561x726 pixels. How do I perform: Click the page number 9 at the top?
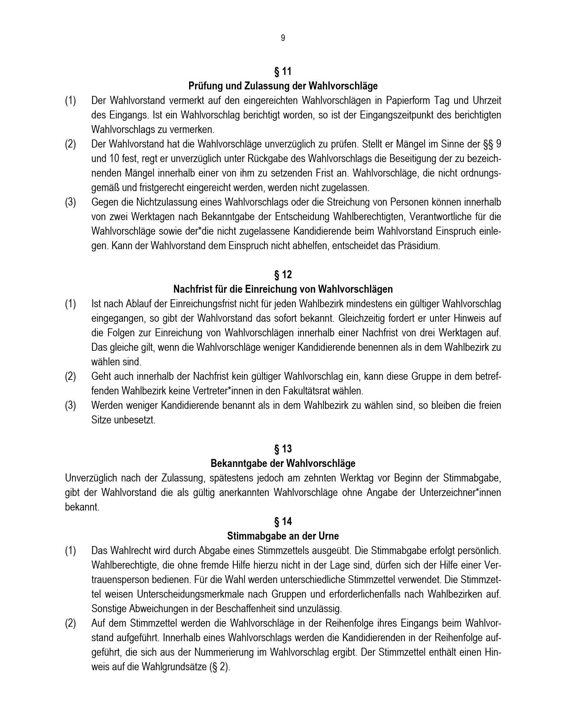(x=283, y=38)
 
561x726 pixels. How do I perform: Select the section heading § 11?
(x=283, y=72)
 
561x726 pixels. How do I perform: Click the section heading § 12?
(x=283, y=275)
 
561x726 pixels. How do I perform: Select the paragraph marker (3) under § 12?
(x=71, y=406)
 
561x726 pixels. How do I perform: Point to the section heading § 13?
(x=283, y=449)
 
